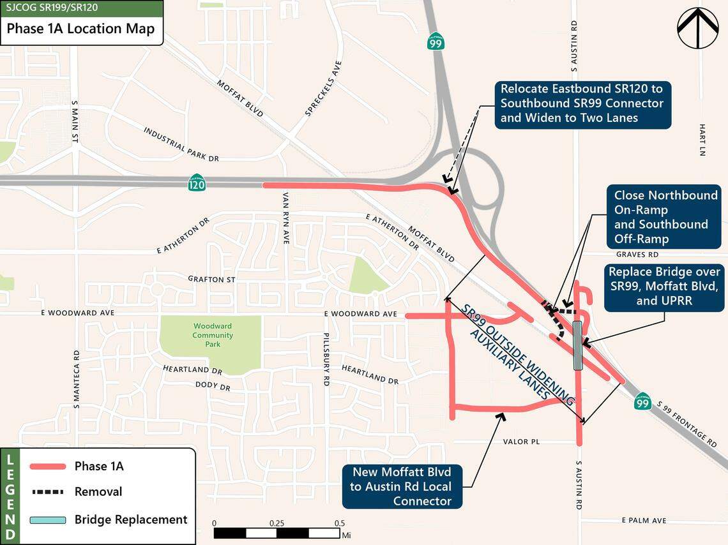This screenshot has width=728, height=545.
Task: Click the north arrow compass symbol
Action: tap(697, 28)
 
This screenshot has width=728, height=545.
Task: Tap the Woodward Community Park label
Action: tap(213, 335)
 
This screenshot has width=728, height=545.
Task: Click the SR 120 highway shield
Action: tap(197, 184)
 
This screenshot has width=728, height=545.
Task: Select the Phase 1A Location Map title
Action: tap(81, 29)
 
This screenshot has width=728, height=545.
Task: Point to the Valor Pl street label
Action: tap(522, 442)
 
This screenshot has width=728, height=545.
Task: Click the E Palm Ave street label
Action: tap(644, 521)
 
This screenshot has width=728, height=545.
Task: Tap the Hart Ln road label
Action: tap(701, 140)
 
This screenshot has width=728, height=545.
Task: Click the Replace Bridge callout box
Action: tap(664, 287)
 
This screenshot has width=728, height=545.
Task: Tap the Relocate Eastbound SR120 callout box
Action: tap(582, 103)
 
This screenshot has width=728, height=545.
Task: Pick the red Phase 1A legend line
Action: tap(48, 467)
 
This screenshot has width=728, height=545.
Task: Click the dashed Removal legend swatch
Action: tap(48, 492)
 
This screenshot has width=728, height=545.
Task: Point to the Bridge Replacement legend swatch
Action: tap(48, 519)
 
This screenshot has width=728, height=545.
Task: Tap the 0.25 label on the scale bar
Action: tap(277, 523)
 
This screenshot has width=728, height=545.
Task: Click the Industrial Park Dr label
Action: tap(181, 144)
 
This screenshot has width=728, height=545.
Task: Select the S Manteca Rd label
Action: tap(76, 379)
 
